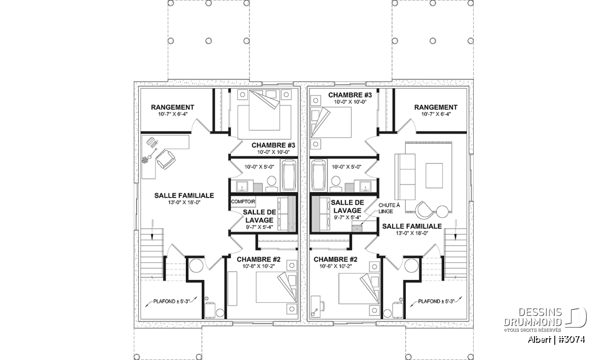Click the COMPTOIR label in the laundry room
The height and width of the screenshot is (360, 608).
(x=243, y=202)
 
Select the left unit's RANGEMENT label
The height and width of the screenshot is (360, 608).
(x=173, y=107)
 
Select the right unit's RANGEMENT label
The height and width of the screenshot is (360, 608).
(x=436, y=107)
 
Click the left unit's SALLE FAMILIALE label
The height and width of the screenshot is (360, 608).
(x=184, y=195)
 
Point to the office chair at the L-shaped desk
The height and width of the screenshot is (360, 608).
(x=165, y=159)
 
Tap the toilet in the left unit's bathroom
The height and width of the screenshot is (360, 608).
(x=272, y=184)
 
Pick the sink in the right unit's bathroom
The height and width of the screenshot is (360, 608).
(x=366, y=186)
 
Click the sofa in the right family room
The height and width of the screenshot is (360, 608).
(x=405, y=180)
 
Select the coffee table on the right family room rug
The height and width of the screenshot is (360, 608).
(x=434, y=175)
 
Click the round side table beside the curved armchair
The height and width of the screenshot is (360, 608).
(x=442, y=212)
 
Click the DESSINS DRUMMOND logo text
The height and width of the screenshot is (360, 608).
(x=533, y=317)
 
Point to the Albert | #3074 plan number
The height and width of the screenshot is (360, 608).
(x=556, y=339)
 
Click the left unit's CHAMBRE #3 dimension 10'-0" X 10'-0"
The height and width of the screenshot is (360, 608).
(x=274, y=152)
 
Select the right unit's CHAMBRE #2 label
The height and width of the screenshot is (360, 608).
(x=335, y=260)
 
